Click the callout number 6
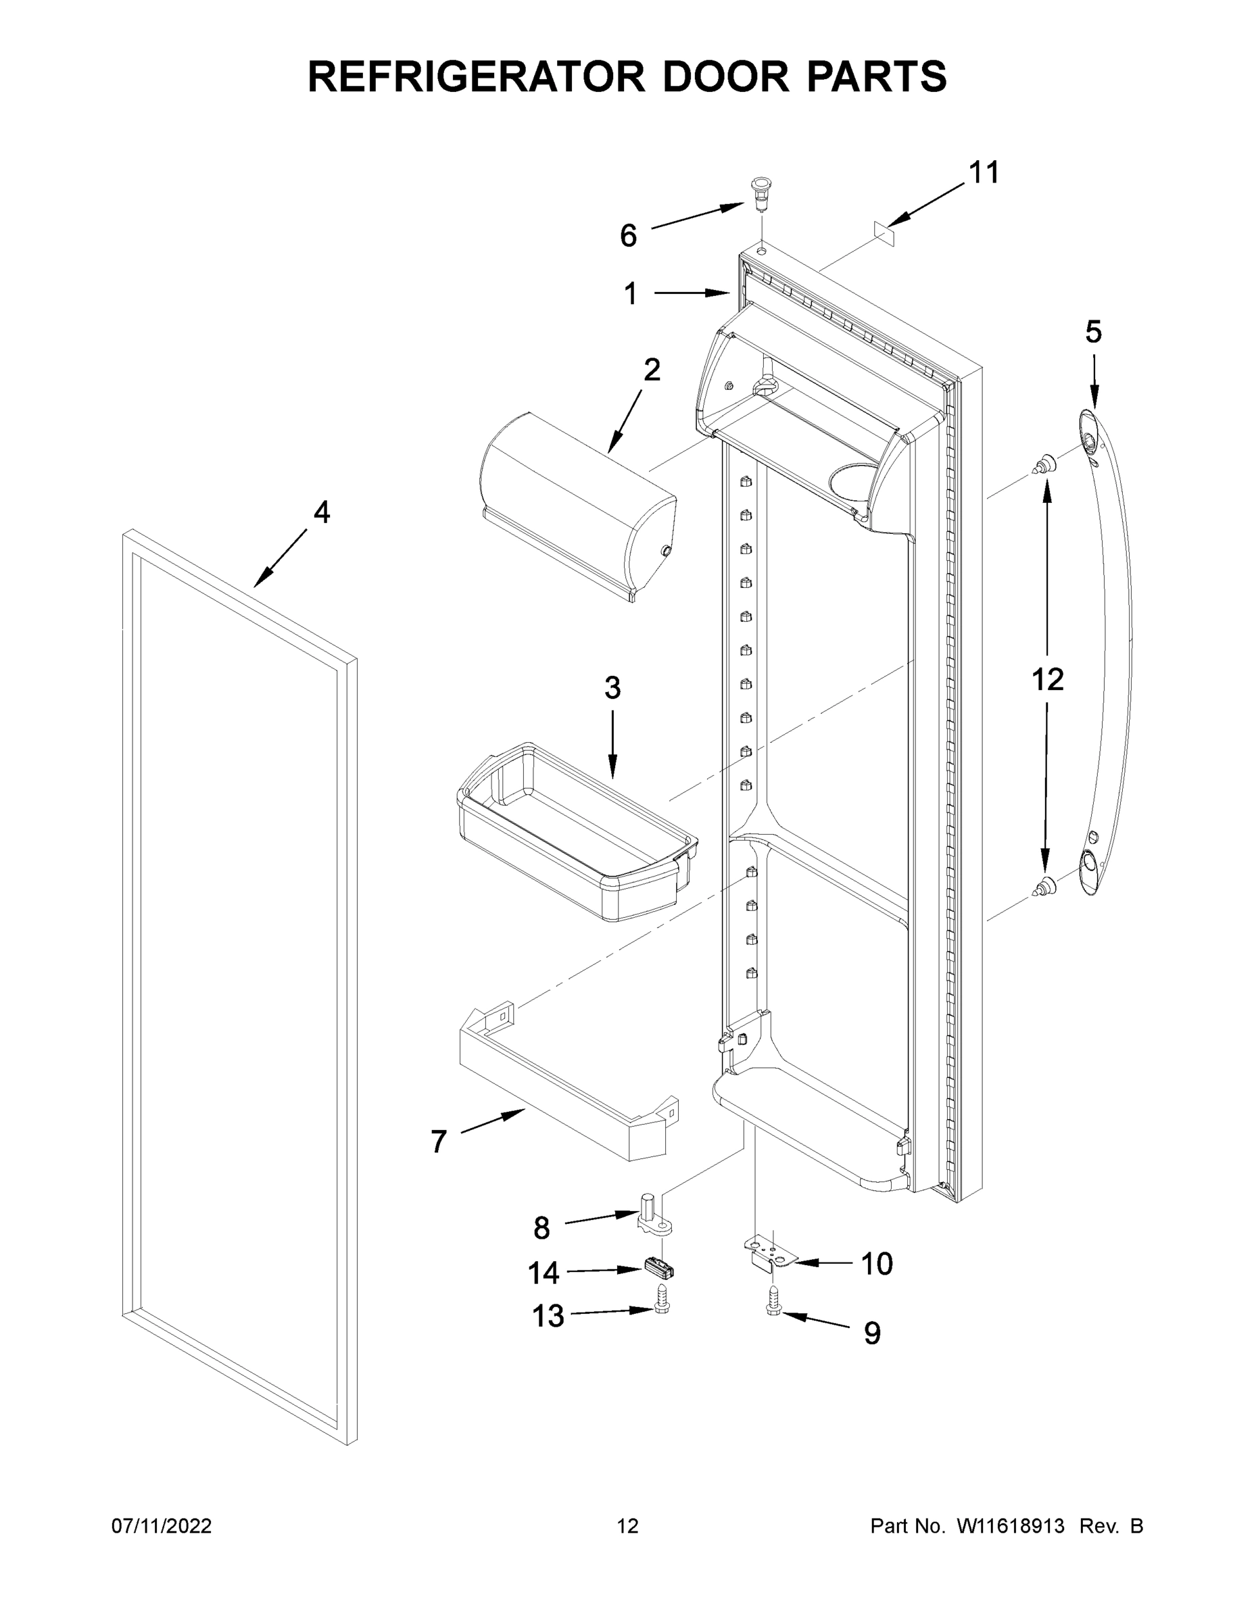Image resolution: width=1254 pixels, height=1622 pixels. click(628, 236)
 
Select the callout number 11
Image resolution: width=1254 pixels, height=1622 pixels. click(984, 173)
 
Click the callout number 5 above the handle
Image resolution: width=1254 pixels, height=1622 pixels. click(1093, 332)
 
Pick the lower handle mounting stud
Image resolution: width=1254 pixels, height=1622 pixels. click(1045, 885)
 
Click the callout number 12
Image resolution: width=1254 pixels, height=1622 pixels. click(1046, 679)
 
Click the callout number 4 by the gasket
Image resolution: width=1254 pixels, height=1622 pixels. click(321, 512)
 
